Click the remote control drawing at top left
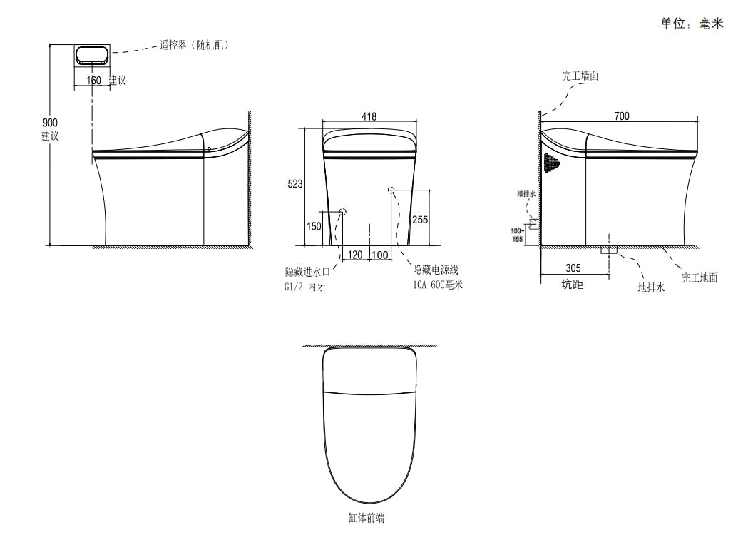[92, 56]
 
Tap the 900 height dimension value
[50, 123]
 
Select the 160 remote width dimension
[93, 80]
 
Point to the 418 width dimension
[369, 116]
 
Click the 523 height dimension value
[294, 184]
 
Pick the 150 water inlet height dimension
[314, 226]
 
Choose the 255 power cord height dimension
[420, 220]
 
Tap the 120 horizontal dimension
[355, 255]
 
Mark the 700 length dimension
[622, 116]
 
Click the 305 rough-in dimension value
[573, 268]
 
